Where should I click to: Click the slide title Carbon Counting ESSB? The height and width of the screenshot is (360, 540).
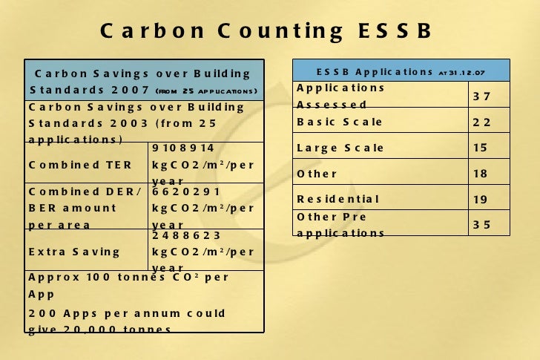266,31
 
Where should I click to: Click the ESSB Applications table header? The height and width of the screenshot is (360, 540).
401,72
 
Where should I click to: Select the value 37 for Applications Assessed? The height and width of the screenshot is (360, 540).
481,96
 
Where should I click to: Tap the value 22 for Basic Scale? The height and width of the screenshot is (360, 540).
481,122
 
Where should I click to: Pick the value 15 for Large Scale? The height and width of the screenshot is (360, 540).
481,148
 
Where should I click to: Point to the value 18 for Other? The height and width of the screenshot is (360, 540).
481,174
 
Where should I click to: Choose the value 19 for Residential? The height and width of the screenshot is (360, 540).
481,199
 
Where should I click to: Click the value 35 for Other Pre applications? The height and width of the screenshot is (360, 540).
481,224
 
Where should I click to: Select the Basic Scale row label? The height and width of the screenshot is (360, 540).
340,122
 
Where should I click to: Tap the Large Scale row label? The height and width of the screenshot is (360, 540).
340,148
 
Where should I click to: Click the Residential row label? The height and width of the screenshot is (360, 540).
338,199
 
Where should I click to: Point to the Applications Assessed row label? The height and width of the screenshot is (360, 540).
340,96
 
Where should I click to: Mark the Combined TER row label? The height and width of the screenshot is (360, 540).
80,164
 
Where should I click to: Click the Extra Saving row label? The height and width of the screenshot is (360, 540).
74,251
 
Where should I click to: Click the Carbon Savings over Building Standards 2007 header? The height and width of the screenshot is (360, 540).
143,82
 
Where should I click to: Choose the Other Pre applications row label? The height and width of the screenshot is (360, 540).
340,225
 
